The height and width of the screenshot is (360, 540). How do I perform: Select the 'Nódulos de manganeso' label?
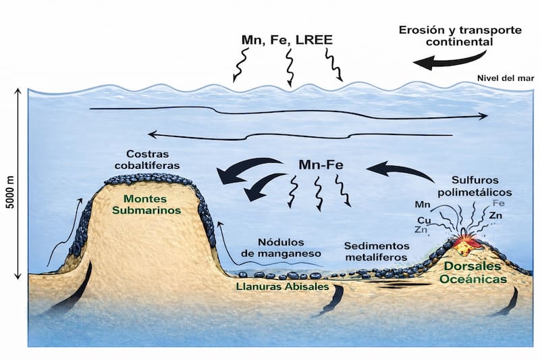coord(290,247)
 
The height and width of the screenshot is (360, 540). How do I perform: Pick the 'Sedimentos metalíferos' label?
coord(376,251)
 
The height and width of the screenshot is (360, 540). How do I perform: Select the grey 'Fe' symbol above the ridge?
coord(499,203)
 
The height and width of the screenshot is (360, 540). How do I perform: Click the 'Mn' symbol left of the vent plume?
coord(423,204)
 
